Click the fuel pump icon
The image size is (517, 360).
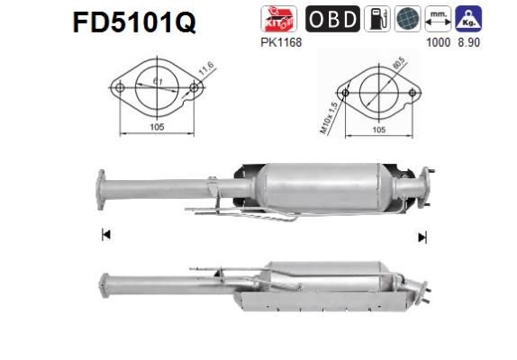click(x=376, y=20)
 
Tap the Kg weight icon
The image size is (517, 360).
click(x=467, y=20)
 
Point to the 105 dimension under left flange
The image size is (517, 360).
click(x=157, y=128)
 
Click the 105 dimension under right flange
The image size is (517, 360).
click(x=379, y=130)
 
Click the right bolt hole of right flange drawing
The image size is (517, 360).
click(x=414, y=92)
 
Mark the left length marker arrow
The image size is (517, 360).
click(x=105, y=236)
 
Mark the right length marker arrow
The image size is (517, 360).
click(x=421, y=238)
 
